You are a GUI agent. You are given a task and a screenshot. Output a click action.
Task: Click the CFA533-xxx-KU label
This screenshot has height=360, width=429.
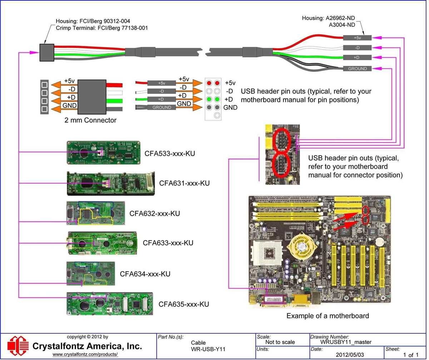(170, 154)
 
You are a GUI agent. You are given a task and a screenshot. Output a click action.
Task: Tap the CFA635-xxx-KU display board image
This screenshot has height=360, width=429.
(110, 304)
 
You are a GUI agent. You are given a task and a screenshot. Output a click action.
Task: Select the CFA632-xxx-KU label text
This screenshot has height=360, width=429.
(154, 214)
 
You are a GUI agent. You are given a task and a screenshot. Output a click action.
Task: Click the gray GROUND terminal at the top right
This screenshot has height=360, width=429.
(357, 69)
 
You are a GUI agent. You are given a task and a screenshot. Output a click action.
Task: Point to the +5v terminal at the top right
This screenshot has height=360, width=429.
(357, 37)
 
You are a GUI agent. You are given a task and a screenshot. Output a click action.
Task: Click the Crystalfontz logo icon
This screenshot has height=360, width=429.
(18, 345)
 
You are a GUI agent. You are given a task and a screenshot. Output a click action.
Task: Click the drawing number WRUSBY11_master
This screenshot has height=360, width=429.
(346, 342)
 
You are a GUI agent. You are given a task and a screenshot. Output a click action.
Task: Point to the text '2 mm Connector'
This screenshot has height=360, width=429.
(90, 120)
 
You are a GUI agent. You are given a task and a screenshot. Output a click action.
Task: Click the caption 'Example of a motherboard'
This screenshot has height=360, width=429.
(327, 316)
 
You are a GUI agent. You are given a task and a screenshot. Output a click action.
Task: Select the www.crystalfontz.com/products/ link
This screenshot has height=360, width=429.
(85, 354)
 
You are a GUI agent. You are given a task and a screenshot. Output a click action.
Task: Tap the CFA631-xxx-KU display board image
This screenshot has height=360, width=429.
(111, 183)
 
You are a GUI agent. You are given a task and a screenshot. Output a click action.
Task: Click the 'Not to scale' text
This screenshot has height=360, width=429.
(280, 342)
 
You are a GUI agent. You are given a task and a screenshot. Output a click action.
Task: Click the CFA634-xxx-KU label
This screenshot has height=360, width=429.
(145, 274)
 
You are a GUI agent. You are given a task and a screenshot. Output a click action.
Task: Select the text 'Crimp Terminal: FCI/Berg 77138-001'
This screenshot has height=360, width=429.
(102, 27)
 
